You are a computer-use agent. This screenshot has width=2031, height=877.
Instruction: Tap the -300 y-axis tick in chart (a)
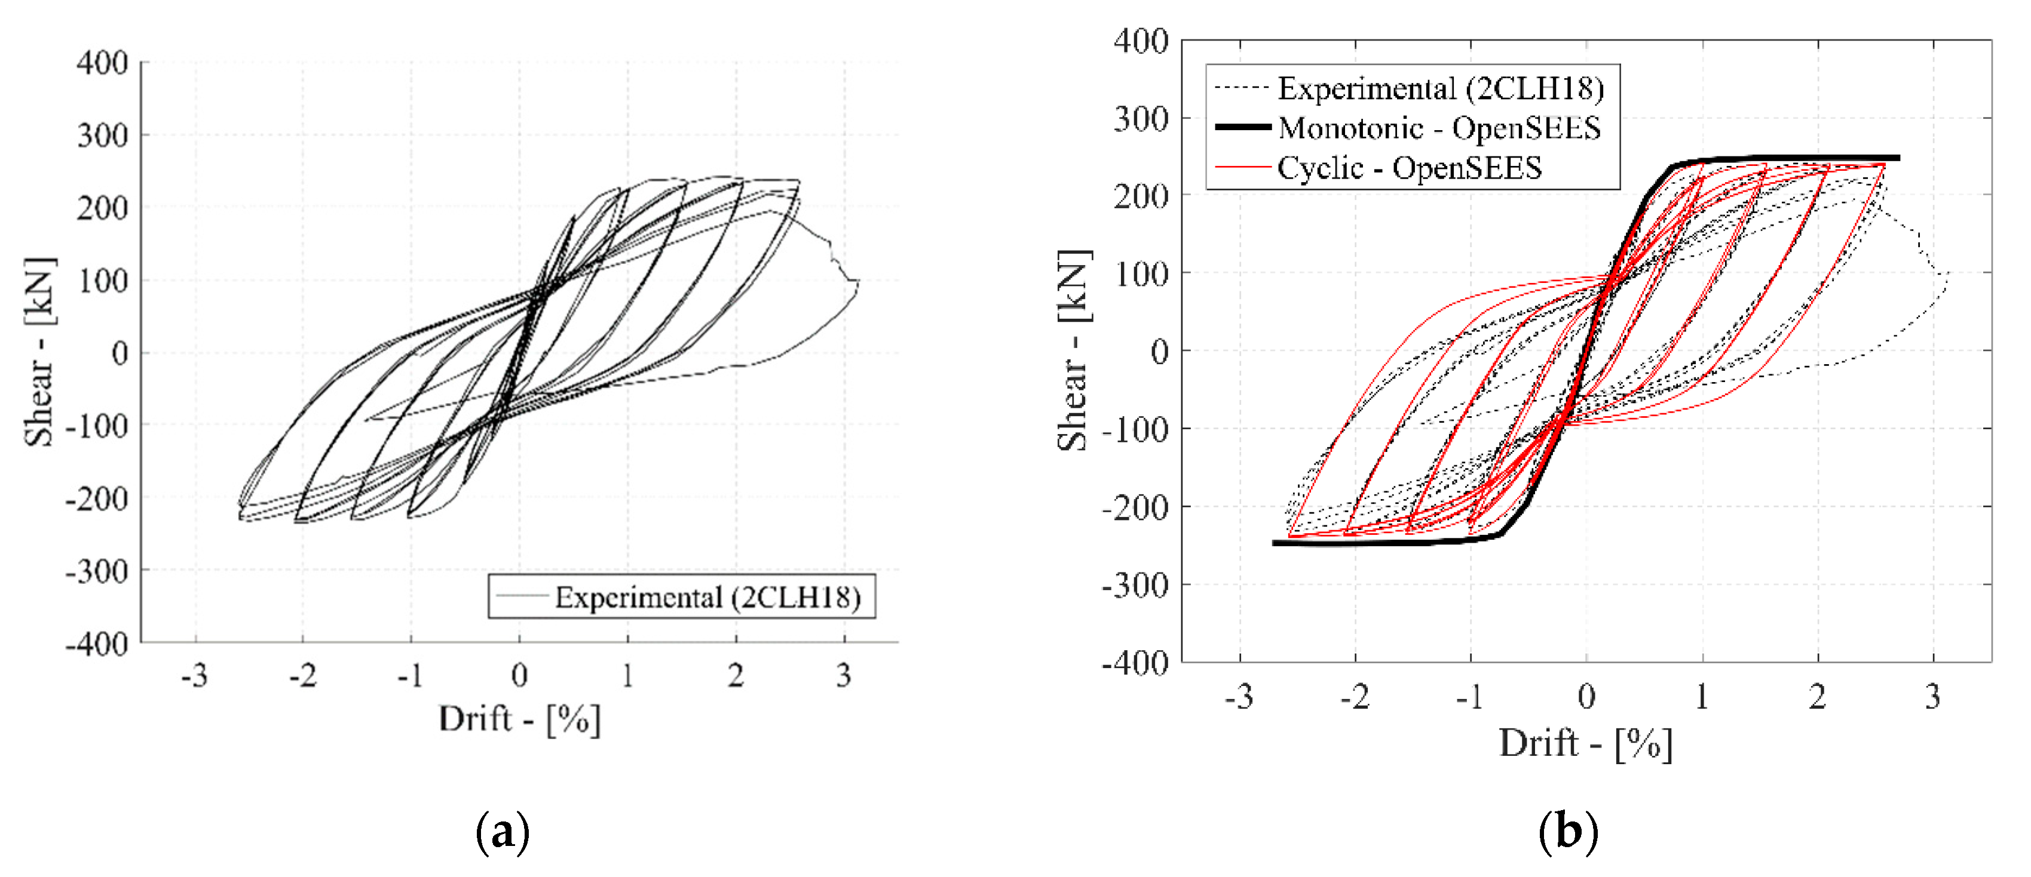coord(96,571)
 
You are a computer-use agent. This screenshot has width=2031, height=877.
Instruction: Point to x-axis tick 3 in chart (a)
coord(844,675)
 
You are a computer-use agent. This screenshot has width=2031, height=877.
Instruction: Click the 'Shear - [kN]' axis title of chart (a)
coord(39,352)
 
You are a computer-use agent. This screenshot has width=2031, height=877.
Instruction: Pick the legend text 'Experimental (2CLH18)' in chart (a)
coord(707,597)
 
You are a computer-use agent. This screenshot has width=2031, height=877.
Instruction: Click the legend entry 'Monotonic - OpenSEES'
coord(1439,128)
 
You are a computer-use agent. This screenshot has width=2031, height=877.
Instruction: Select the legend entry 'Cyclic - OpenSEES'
coord(1409,168)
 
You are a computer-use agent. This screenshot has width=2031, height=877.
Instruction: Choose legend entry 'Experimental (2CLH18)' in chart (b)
coord(1441,88)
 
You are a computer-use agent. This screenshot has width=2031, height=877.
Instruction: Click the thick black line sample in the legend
coord(1243,127)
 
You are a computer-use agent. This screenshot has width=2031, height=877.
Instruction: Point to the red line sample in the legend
coord(1243,167)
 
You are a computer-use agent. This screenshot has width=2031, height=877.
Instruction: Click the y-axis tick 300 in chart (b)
coord(1140,118)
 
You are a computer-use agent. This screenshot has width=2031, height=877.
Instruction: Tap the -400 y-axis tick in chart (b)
coord(1135,663)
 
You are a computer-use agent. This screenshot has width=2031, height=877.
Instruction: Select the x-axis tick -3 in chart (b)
coord(1239,697)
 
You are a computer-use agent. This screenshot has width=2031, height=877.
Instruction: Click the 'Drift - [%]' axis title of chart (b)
coord(1585,743)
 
